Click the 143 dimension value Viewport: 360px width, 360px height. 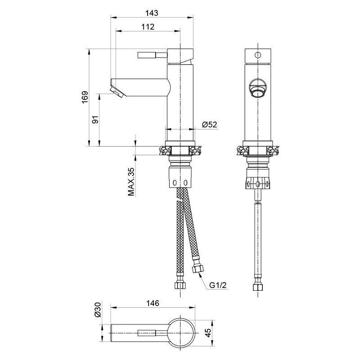coord(152,13)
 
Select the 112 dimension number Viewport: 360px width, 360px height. coord(148,27)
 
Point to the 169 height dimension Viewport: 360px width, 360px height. coord(85,97)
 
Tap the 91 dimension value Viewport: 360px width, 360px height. coord(95,120)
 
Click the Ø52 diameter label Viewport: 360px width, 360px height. coord(209,125)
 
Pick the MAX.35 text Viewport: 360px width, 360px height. coord(131,182)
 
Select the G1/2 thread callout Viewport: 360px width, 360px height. coord(218,285)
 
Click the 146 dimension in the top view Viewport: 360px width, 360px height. coord(153,303)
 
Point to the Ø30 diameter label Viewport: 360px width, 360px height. coord(98,310)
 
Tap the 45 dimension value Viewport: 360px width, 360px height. coord(207,333)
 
